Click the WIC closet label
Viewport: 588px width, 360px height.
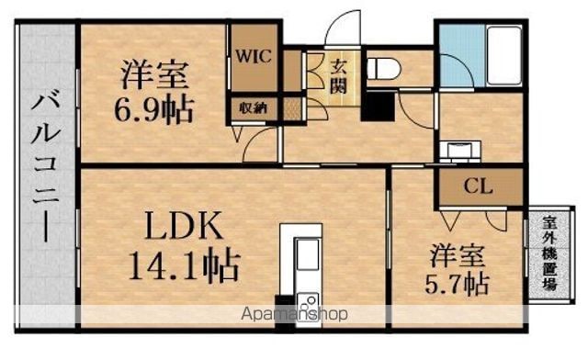click(x=254, y=57)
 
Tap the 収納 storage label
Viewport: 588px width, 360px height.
click(x=254, y=108)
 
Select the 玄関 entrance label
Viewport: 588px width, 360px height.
click(x=338, y=76)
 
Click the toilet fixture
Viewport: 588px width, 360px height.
click(x=383, y=69)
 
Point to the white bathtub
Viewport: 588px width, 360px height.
click(x=504, y=55)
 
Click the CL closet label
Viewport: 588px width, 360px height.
click(x=478, y=186)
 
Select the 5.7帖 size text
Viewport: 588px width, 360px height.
click(x=458, y=285)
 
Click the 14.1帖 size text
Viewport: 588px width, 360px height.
click(x=185, y=265)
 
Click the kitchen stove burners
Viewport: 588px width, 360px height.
click(x=308, y=303)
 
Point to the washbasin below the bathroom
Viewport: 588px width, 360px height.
click(x=459, y=151)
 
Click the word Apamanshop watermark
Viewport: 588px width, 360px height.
click(x=294, y=313)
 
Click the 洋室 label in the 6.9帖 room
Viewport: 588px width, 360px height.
click(x=154, y=75)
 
